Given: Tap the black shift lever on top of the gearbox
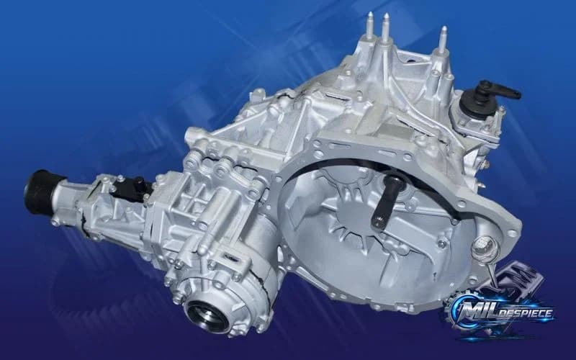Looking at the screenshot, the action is click(x=496, y=91).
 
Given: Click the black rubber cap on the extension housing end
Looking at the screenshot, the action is click(x=40, y=191).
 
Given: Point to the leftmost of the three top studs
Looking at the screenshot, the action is click(x=370, y=27).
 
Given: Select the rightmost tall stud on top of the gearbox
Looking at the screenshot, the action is click(x=444, y=40).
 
